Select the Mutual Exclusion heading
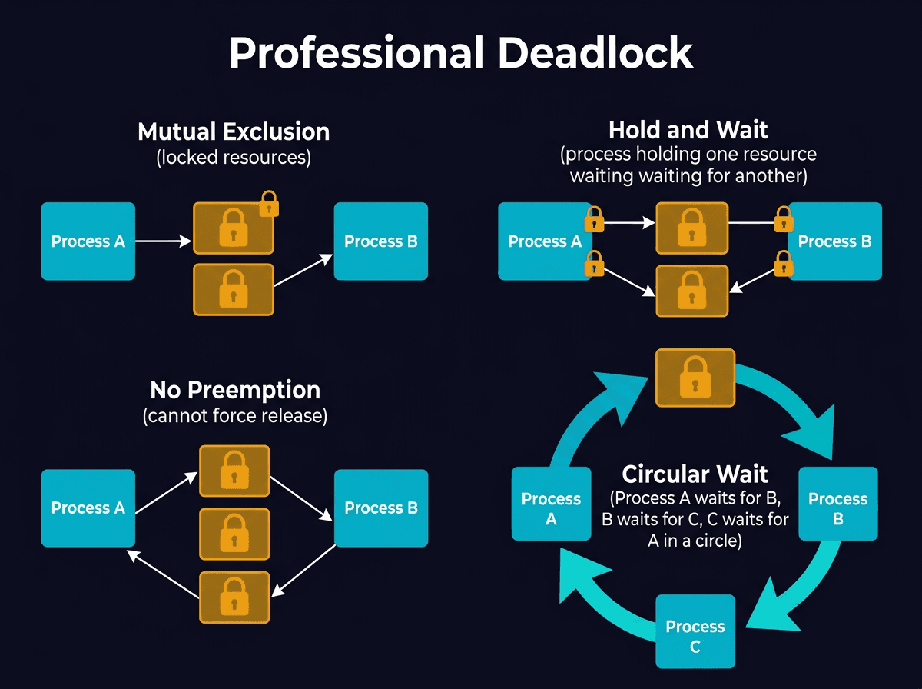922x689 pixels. [x=234, y=131]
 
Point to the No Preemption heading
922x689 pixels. [x=234, y=390]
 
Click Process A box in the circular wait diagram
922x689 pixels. [x=550, y=509]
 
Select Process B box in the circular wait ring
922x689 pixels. [x=837, y=509]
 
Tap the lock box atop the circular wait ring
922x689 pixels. [x=695, y=378]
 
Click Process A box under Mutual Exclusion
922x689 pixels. [x=88, y=241]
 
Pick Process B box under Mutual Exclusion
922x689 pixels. [x=380, y=241]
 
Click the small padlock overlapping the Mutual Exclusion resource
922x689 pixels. [x=269, y=204]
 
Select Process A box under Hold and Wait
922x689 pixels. [x=544, y=241]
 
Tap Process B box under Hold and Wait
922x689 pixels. [x=835, y=241]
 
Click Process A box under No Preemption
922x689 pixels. [x=88, y=508]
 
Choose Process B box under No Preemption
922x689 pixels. [x=380, y=508]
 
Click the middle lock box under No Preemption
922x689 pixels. [x=234, y=534]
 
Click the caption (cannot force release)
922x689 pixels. [x=234, y=416]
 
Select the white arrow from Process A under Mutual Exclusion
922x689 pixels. [x=163, y=241]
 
